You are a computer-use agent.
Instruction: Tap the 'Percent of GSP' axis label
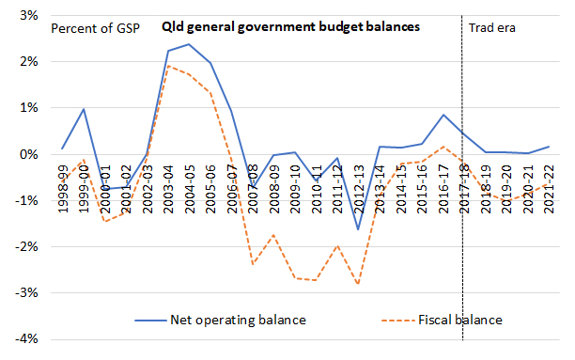click(93, 27)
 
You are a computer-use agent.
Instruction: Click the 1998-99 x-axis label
click(62, 185)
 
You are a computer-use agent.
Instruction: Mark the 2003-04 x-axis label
click(167, 185)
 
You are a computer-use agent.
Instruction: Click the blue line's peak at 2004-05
click(188, 44)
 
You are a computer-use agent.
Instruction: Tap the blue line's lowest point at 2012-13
click(356, 229)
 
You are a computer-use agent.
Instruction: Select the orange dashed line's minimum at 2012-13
click(356, 284)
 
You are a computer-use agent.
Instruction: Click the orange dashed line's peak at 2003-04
click(167, 66)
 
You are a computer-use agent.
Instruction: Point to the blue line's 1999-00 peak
click(84, 109)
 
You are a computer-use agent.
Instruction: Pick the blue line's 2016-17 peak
click(441, 115)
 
